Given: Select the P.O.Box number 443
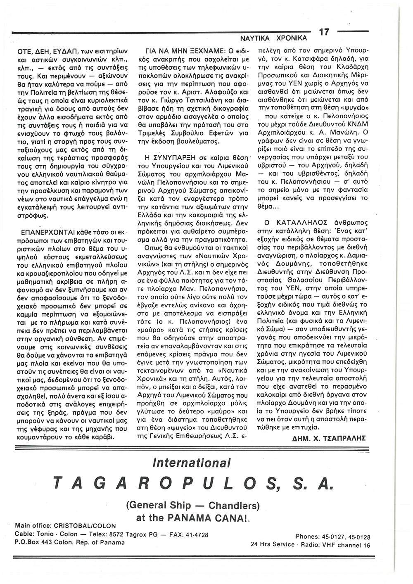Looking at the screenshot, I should [49, 542].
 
